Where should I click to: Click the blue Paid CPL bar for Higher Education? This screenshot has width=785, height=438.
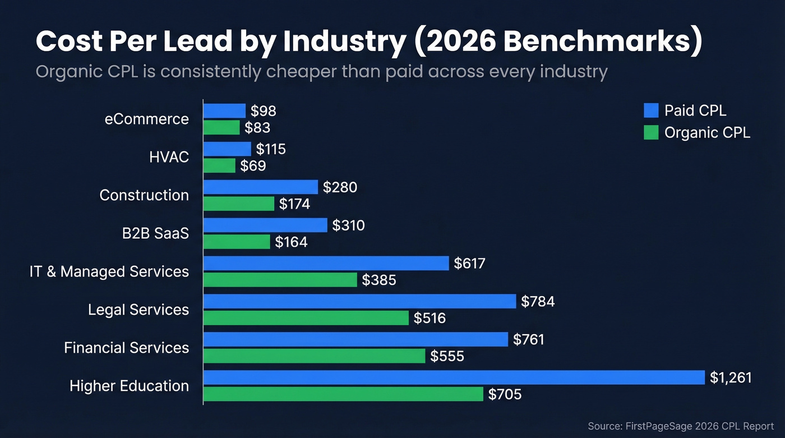pos(453,377)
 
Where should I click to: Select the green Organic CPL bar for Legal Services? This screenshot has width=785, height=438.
pos(306,318)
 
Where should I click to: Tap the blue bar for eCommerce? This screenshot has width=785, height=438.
pos(224,110)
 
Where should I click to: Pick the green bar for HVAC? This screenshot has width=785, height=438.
pos(219,165)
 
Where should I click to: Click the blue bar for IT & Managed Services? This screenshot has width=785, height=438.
pos(326,263)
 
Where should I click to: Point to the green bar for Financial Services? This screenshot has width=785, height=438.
pos(314,356)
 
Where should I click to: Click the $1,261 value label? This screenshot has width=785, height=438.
pos(730,378)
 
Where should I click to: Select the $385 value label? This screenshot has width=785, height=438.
pos(379,280)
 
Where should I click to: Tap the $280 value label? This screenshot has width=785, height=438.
pos(340,187)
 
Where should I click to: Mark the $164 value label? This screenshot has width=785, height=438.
pos(291,242)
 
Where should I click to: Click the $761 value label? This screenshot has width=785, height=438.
pos(528,339)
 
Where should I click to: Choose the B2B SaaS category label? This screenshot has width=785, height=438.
pos(156,233)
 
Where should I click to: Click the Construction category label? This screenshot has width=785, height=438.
pos(144,195)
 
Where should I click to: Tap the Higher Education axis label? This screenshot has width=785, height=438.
pos(129,386)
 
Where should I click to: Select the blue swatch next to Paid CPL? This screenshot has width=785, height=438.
pos(651,110)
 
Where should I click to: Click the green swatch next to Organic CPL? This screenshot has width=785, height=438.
pos(651,132)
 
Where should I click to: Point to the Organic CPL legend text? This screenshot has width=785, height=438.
pos(706,132)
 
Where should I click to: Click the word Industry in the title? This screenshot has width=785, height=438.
pos(343,42)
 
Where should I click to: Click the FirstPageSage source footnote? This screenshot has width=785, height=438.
pos(680,426)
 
